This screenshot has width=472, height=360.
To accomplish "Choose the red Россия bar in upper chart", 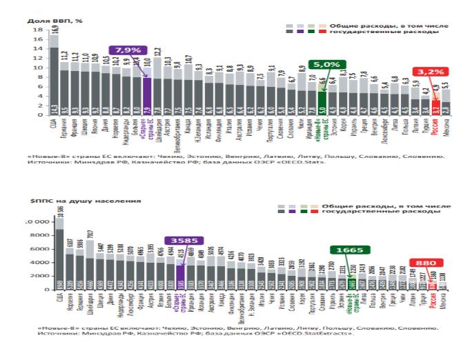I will pos(436,106).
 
